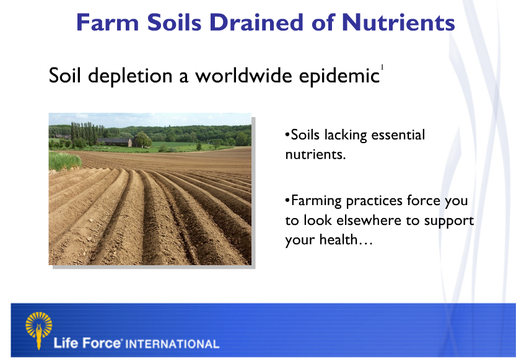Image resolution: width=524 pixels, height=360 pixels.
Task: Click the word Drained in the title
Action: [x=257, y=23]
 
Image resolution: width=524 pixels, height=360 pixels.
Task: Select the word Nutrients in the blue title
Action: [x=398, y=23]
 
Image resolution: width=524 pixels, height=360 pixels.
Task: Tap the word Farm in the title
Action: [x=107, y=23]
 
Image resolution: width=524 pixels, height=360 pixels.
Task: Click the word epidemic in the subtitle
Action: [x=339, y=76]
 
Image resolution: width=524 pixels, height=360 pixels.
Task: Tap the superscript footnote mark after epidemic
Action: [x=382, y=68]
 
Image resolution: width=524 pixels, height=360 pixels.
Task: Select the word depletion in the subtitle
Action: [x=130, y=76]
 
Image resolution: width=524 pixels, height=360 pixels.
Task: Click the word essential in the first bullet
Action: [x=398, y=134]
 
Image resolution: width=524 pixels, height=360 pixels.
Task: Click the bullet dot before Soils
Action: [x=287, y=135]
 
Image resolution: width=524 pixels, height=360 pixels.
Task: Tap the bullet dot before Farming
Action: [x=287, y=201]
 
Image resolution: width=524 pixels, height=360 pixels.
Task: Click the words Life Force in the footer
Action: [x=87, y=343]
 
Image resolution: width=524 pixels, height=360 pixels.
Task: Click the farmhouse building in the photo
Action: [x=115, y=142]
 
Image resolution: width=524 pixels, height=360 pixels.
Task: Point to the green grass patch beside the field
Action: [x=64, y=161]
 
